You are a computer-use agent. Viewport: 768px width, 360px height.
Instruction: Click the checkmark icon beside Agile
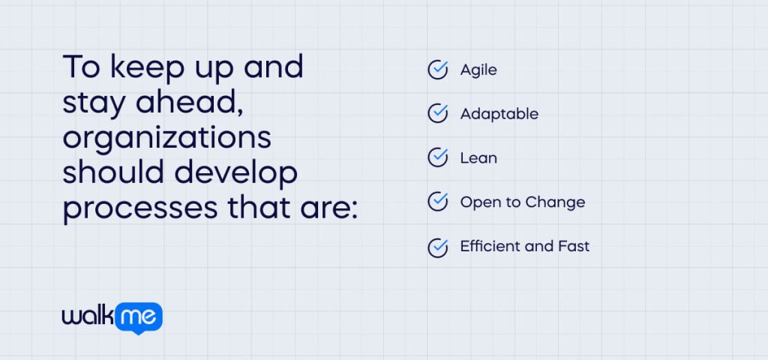437,70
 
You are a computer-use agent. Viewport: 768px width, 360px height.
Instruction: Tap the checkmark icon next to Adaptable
437,114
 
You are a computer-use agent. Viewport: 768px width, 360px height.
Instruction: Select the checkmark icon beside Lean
437,158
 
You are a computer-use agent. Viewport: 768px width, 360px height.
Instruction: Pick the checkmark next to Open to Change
437,202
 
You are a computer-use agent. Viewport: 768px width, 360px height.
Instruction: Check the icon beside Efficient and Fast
437,247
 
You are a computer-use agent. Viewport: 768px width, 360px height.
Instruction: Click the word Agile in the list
478,70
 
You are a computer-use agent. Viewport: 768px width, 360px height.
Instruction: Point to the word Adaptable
499,115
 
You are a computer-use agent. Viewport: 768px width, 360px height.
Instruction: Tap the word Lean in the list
478,158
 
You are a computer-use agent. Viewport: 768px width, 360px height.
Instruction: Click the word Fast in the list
573,247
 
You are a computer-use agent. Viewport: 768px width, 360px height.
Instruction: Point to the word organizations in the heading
166,139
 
